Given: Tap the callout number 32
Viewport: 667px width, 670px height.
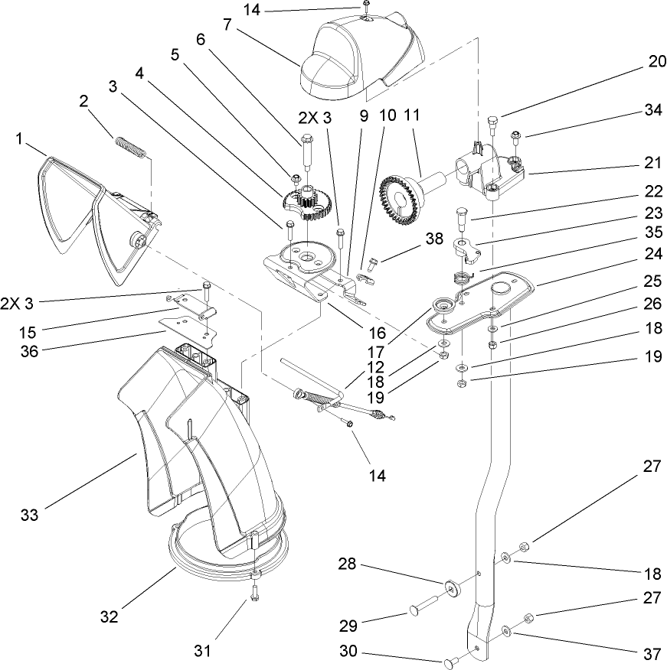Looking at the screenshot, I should [x=110, y=616].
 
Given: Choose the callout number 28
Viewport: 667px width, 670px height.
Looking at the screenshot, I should [x=348, y=564].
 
